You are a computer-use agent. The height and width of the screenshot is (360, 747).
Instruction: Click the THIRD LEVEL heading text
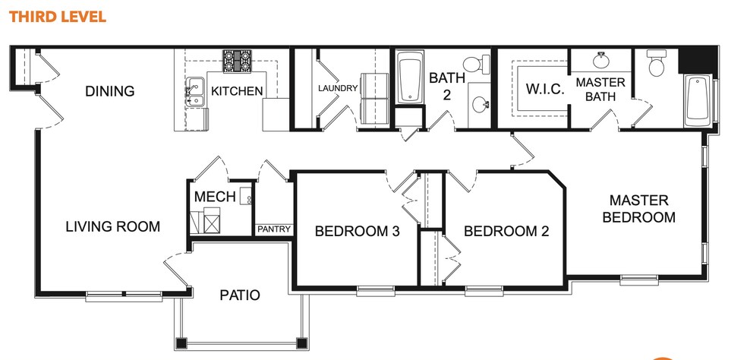click(x=58, y=16)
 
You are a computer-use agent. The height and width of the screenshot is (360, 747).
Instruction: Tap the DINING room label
click(x=109, y=91)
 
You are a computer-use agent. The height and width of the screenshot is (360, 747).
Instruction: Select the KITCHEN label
click(x=237, y=91)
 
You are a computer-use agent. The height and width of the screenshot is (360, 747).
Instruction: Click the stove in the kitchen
click(x=237, y=62)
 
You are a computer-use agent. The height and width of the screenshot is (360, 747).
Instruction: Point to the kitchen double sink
click(x=194, y=91)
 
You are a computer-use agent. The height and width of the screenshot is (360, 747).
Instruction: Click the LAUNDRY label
click(x=337, y=88)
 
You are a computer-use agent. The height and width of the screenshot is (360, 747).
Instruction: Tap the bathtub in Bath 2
click(x=410, y=77)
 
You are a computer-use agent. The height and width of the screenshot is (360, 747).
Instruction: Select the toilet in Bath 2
click(x=474, y=65)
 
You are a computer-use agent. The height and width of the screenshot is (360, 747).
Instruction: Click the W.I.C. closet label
click(x=544, y=89)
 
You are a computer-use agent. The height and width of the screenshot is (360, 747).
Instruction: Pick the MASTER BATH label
click(x=600, y=89)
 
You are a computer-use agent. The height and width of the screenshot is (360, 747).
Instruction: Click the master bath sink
click(x=601, y=59)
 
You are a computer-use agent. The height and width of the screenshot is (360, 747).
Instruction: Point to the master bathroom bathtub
click(x=697, y=100)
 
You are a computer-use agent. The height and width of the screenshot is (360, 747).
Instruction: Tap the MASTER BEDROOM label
click(x=638, y=209)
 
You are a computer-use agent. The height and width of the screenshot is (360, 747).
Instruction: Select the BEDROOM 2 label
click(x=506, y=232)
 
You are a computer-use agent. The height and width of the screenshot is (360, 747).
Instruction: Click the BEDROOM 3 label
click(x=357, y=232)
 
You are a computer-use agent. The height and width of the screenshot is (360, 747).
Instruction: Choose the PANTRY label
click(x=273, y=229)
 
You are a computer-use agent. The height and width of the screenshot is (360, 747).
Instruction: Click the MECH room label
click(x=215, y=197)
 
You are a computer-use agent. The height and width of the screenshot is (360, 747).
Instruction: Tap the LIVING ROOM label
click(x=112, y=226)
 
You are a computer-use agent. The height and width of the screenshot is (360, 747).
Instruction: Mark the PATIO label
click(x=240, y=295)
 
